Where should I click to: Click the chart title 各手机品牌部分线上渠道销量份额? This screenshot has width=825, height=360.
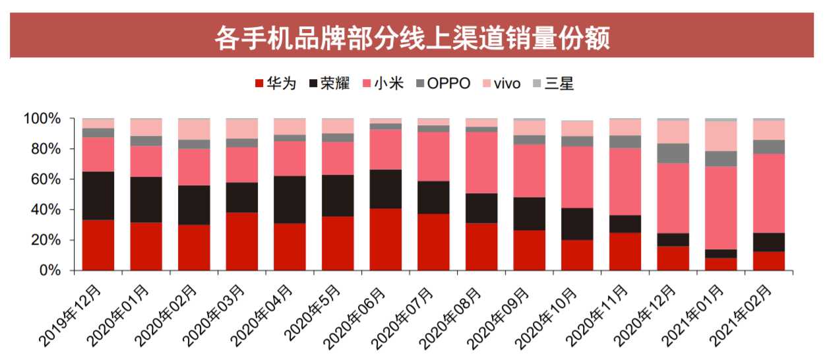412,38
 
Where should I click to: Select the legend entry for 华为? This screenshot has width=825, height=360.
275,84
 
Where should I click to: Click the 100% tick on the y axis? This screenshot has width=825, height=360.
51,119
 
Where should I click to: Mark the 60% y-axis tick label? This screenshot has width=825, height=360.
54,180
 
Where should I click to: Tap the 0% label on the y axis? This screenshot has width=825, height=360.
57,271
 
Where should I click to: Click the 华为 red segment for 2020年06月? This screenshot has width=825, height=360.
386,239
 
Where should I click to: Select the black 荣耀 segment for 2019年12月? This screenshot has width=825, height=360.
98,196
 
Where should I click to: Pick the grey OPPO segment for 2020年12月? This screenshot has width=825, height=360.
673,153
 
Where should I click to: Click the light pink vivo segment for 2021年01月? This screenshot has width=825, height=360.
721,136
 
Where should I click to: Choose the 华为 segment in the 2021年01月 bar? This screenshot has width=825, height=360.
721,264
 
